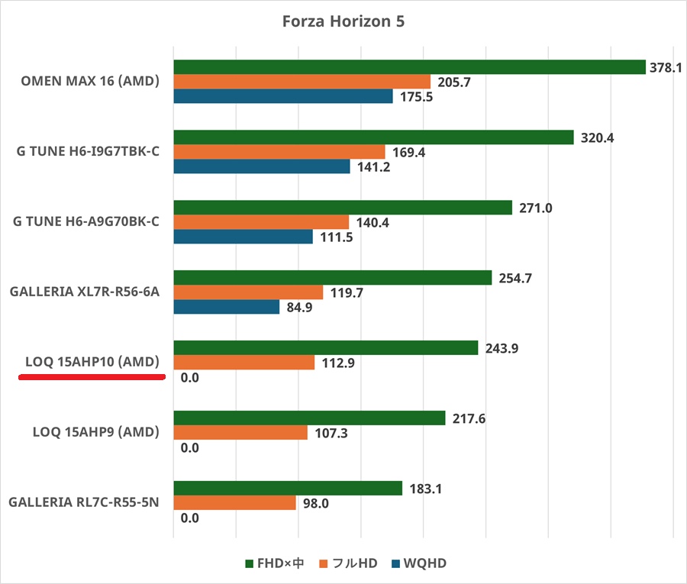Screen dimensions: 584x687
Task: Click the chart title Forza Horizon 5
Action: [343, 21]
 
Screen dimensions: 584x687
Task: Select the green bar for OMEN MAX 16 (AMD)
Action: [410, 67]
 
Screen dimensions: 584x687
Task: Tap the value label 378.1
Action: [665, 67]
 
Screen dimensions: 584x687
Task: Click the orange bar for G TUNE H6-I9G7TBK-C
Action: [279, 152]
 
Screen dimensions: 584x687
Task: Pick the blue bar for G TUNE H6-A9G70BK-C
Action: [244, 237]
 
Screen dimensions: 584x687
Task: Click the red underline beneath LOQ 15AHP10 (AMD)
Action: [92, 376]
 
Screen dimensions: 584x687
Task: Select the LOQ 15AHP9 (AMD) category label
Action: [96, 432]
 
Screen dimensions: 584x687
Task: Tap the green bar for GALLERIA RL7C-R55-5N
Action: [288, 488]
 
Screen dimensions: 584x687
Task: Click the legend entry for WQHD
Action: [420, 563]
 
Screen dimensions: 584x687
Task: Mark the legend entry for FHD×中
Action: [273, 563]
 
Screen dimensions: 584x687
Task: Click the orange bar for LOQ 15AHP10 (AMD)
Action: [244, 362]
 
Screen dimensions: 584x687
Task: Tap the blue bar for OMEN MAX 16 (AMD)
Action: [283, 96]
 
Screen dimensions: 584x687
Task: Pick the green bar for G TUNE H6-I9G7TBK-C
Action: [373, 137]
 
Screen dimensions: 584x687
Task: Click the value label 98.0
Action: [315, 502]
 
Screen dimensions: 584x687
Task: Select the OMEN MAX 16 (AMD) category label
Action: [90, 82]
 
